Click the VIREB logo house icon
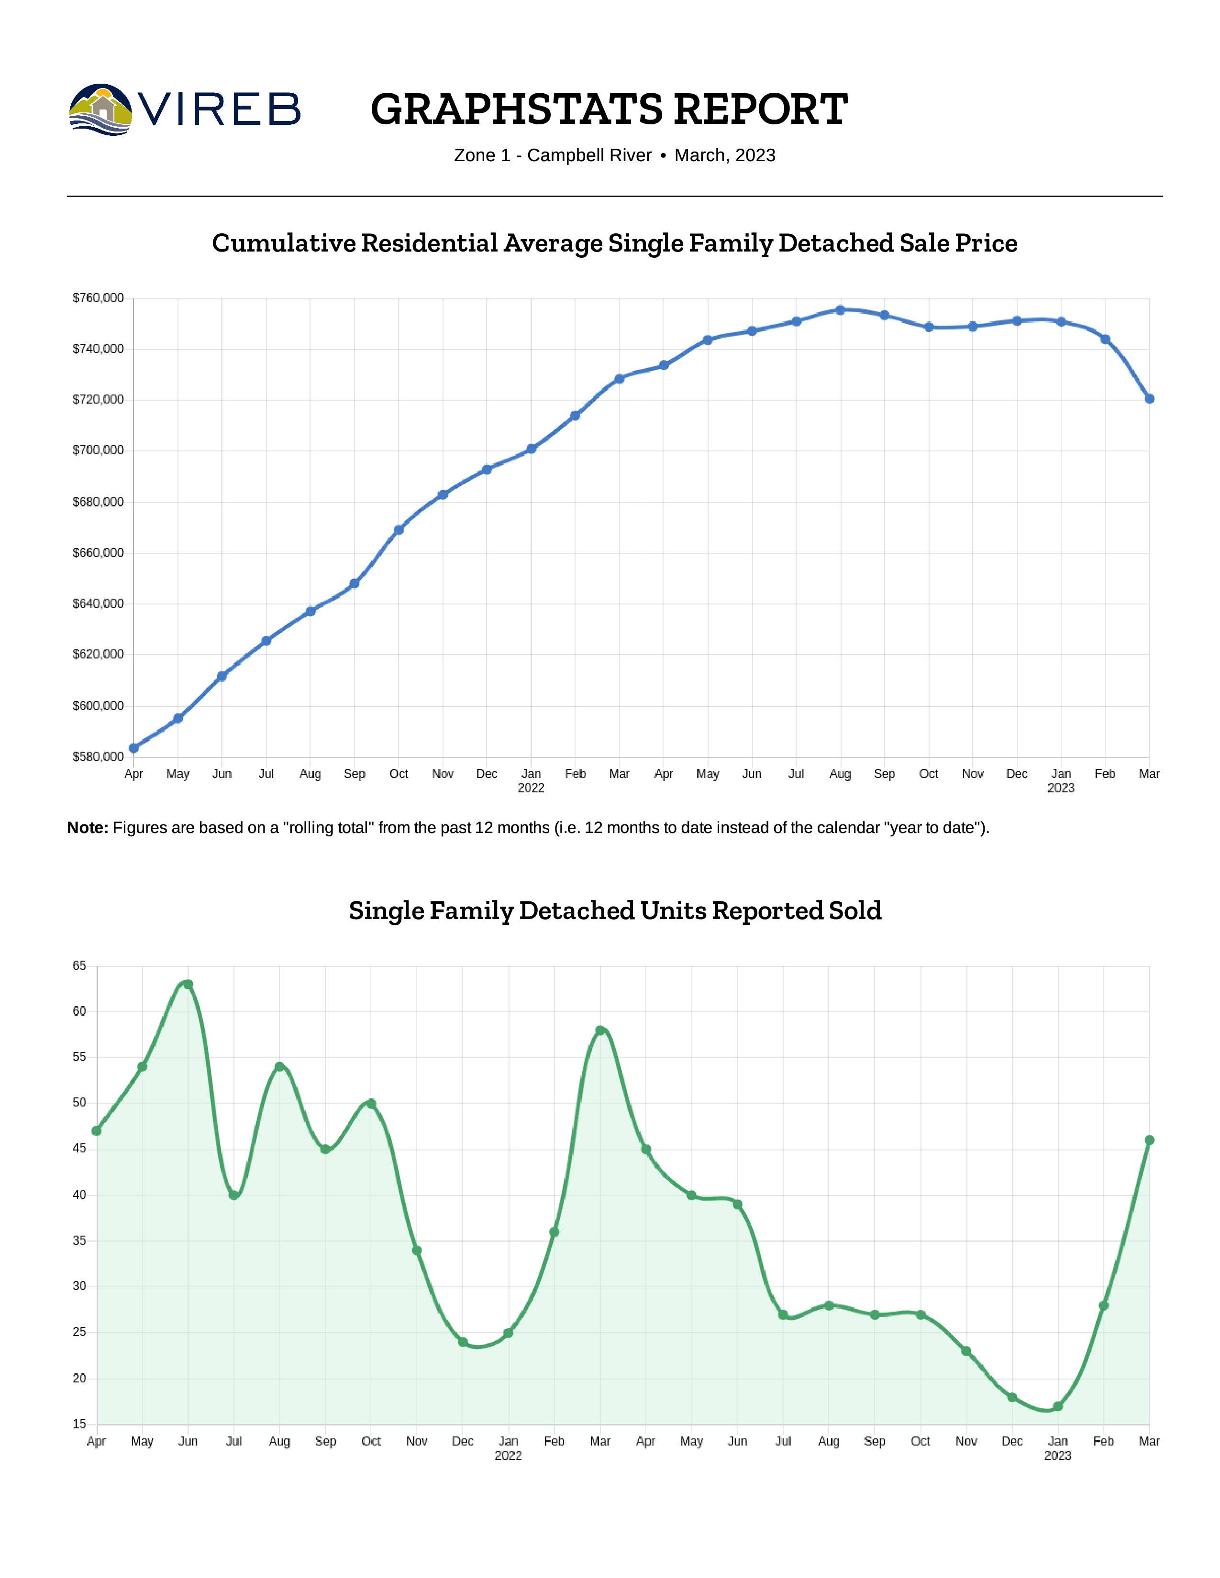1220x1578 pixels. (x=101, y=109)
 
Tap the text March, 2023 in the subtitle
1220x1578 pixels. (x=724, y=155)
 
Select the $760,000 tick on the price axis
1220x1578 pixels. (x=98, y=298)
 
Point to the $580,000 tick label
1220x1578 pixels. (x=98, y=756)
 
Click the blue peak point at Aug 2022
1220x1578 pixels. (x=840, y=310)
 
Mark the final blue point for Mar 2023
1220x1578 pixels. (x=1149, y=399)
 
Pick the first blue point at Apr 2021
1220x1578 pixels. (x=133, y=748)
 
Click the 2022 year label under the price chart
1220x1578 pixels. (x=531, y=788)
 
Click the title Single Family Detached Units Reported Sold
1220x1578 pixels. (x=615, y=910)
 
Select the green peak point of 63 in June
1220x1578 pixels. (x=188, y=984)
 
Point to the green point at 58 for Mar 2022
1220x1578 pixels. (x=600, y=1030)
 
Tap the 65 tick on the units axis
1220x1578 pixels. (x=79, y=966)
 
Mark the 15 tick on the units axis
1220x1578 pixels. (x=79, y=1425)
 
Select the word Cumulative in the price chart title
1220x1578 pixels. (x=283, y=243)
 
